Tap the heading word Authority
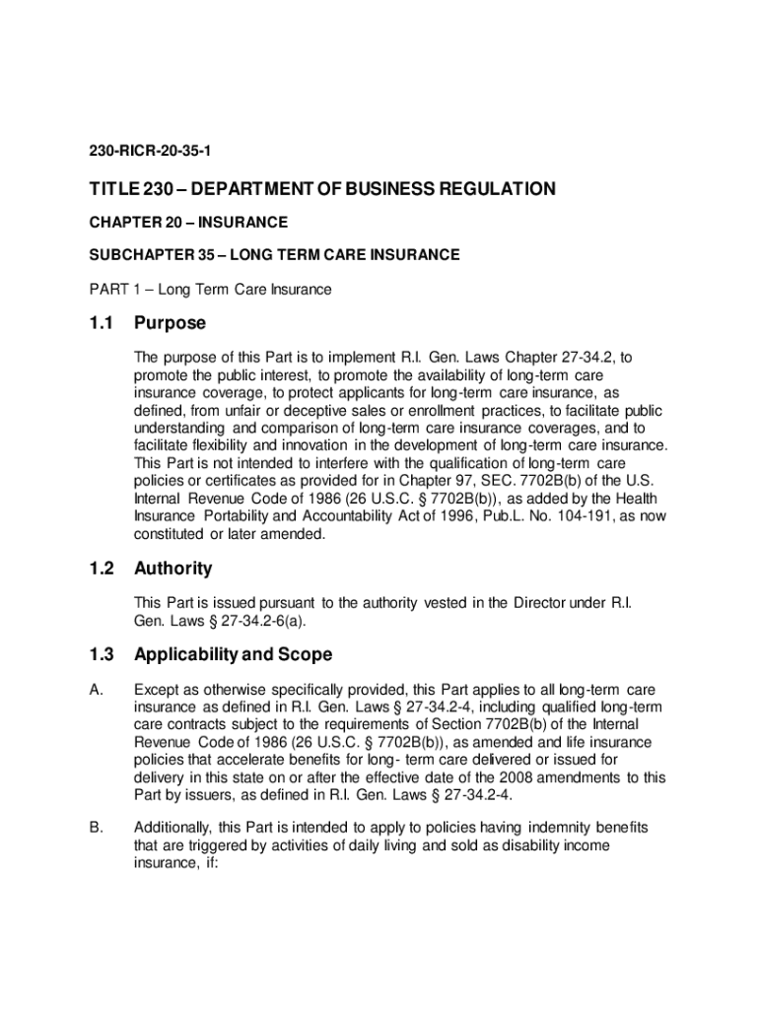click(x=172, y=569)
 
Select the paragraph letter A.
click(x=96, y=690)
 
